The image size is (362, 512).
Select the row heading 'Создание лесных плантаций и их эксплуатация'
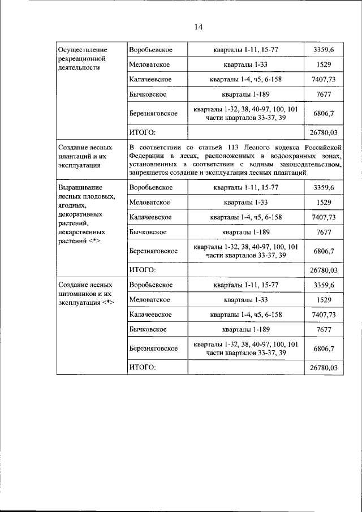(85, 156)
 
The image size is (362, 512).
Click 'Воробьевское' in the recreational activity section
(150, 50)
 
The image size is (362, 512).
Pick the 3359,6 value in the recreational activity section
(324, 50)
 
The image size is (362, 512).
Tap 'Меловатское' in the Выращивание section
(149, 202)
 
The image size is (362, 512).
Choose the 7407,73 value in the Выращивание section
(324, 217)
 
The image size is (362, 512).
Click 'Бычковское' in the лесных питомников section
(147, 329)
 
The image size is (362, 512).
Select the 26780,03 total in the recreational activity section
(324, 132)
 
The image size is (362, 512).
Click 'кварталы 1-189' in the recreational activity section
(245, 94)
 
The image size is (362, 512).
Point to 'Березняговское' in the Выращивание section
(153, 251)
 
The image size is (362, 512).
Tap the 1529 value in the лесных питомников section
(324, 300)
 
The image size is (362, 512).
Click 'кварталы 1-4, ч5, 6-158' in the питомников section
(245, 315)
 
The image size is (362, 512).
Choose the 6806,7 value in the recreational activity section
(324, 113)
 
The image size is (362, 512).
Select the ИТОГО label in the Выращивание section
(142, 270)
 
